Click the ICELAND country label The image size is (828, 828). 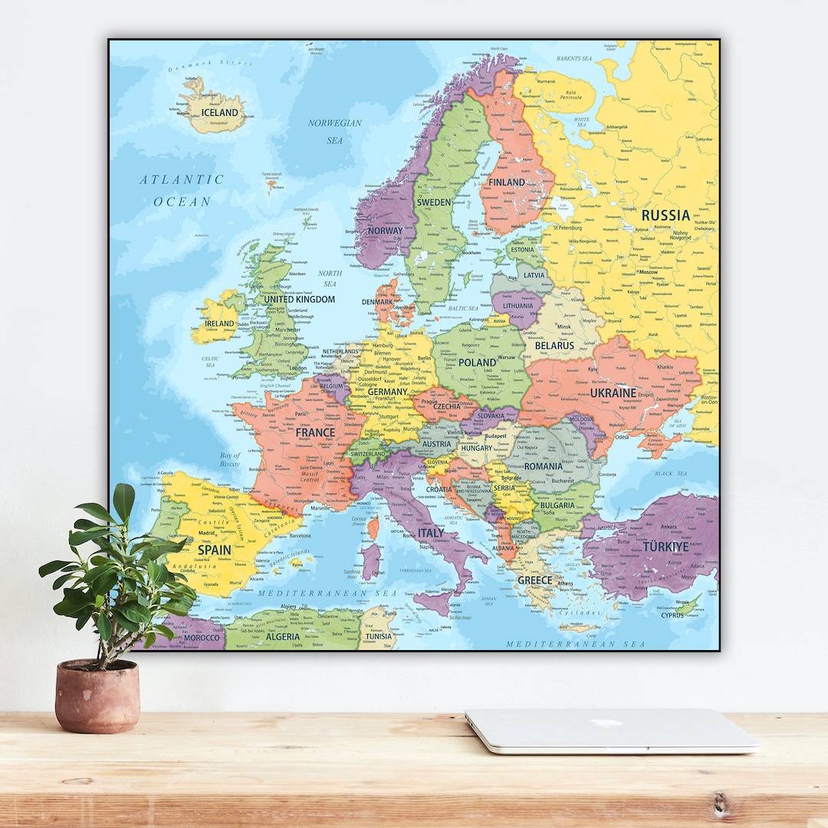point(219,113)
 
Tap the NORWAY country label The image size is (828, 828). point(385,230)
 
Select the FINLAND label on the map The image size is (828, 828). point(507,182)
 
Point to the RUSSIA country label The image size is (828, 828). point(665,215)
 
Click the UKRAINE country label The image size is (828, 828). point(613,393)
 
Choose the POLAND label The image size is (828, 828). point(478,362)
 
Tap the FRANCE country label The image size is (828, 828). point(315,432)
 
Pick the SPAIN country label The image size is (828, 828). point(215,550)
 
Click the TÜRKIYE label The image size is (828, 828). point(665,547)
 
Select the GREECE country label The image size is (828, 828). point(534,580)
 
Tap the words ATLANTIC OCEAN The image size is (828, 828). point(182,190)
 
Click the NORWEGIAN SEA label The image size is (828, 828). point(335,131)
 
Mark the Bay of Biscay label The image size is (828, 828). point(230,459)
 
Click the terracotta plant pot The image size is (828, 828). point(97,696)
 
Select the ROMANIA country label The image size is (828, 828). point(543,466)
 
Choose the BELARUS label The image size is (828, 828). point(554,346)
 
